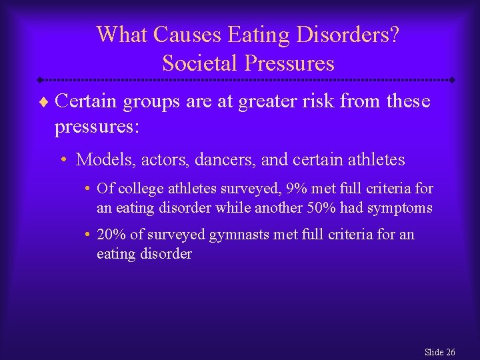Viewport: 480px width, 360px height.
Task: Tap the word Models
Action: (x=100, y=160)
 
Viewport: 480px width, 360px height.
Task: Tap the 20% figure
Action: (x=110, y=235)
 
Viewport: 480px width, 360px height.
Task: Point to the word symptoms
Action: (x=398, y=208)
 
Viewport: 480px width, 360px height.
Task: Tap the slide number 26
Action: (x=450, y=352)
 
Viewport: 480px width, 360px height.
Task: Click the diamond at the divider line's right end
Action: (x=452, y=80)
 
